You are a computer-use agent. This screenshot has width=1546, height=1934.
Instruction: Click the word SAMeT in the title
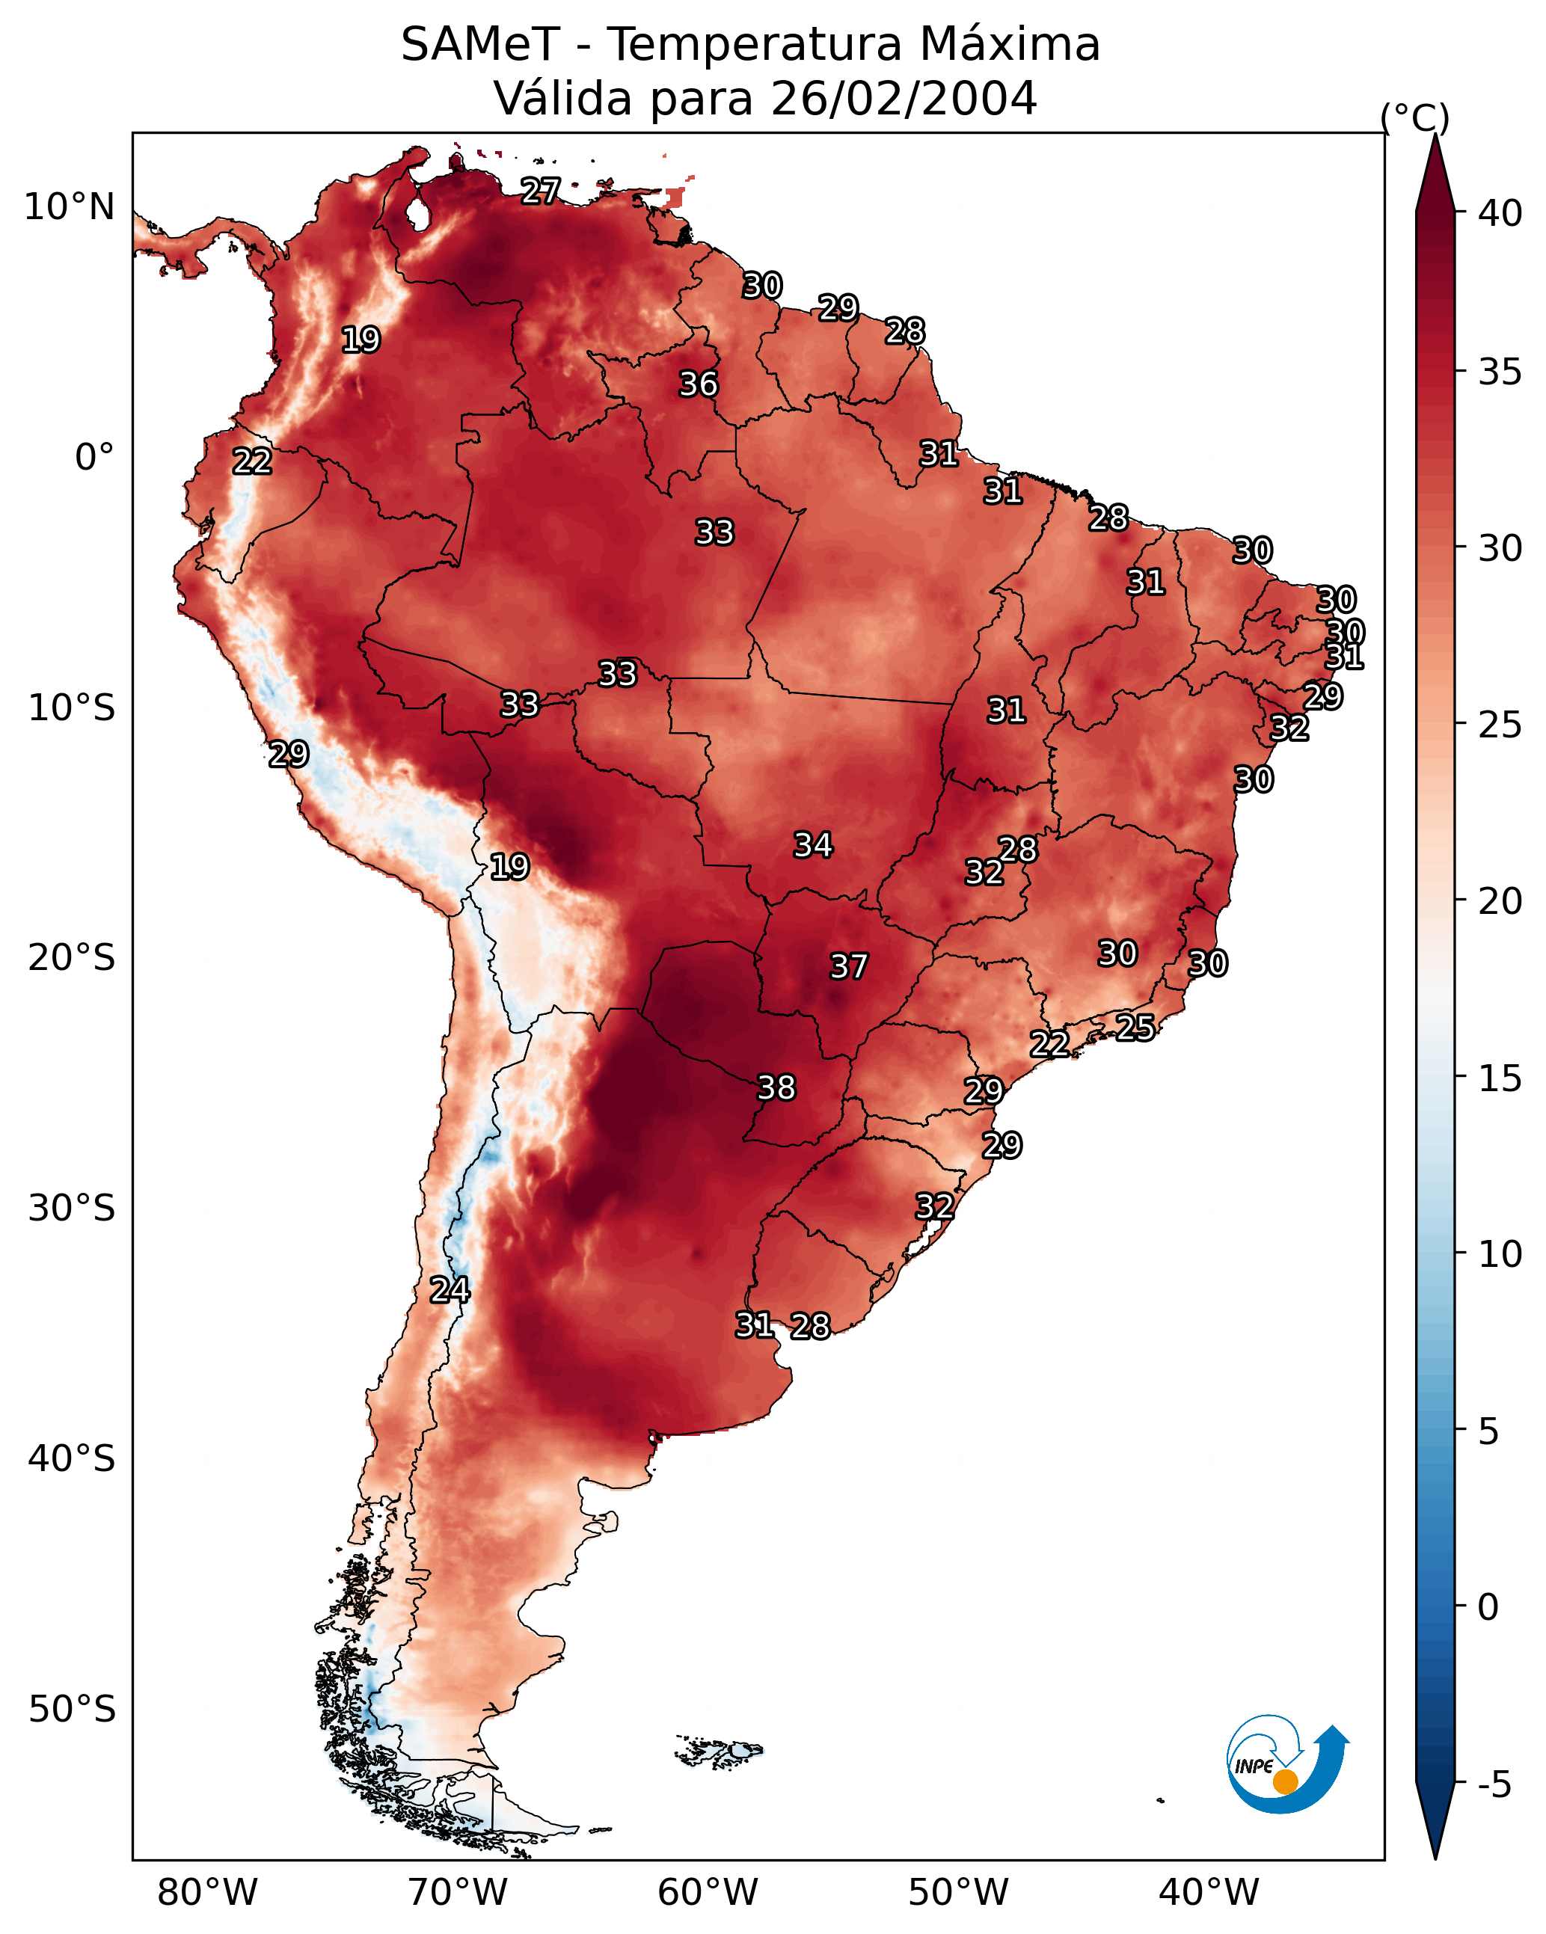[x=480, y=45]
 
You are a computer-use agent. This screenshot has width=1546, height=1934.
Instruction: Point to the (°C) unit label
[x=1415, y=117]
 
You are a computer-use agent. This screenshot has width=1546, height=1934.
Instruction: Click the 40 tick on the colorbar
[x=1500, y=213]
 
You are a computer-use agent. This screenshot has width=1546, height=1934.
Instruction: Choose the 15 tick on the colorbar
[x=1500, y=1078]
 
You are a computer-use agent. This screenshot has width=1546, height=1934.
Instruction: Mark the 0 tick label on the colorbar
[x=1488, y=1607]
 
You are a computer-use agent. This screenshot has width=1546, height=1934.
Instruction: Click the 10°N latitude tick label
[x=69, y=207]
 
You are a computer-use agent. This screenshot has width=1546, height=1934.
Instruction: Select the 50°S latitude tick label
[x=72, y=1710]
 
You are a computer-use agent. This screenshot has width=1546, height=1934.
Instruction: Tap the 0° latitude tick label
[x=94, y=458]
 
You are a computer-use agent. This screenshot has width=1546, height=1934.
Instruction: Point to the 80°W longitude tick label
[x=207, y=1893]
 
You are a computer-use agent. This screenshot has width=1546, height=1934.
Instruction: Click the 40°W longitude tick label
[x=1209, y=1893]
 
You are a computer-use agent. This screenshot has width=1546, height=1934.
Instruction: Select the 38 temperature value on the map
[x=776, y=1088]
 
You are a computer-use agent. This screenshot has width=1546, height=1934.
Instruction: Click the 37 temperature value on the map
[x=848, y=967]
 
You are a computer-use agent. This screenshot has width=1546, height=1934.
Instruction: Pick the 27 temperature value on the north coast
[x=540, y=191]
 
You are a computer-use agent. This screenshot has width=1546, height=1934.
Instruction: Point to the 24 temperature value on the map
[x=450, y=1290]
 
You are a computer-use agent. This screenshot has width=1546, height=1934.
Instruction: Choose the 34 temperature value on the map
[x=813, y=845]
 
